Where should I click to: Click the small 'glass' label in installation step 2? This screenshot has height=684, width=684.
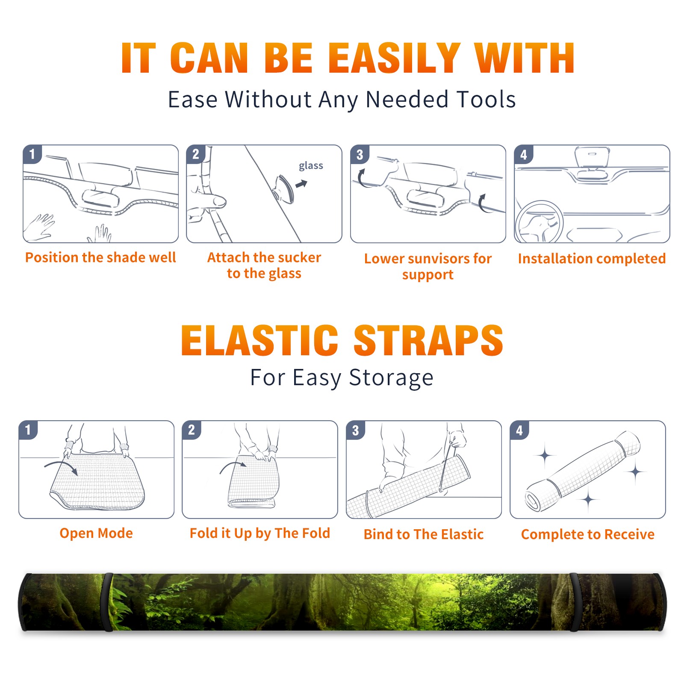pos(311,166)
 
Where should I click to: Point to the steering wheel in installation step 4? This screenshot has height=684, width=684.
pos(539,222)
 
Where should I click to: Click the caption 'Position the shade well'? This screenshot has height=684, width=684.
pos(100,257)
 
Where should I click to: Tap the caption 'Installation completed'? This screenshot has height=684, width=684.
pos(592,258)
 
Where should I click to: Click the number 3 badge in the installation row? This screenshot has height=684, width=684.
pos(360,154)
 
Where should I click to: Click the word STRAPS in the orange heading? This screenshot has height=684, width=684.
pos(429,340)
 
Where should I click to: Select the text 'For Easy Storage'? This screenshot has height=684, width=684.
pos(342,378)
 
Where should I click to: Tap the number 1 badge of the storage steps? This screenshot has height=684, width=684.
pos(28,430)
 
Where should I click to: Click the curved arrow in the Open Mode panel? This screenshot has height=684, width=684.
pos(61,467)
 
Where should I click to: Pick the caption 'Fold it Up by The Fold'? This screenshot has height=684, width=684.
pos(260,533)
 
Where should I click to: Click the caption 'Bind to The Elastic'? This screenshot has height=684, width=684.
pos(424,534)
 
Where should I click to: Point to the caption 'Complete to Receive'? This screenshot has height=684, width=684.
pos(588,534)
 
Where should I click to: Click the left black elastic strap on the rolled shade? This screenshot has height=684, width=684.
pos(107,602)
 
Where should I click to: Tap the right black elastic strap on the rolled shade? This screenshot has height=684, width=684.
pos(575,602)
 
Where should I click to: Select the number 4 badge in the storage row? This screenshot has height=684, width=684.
pos(519,430)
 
